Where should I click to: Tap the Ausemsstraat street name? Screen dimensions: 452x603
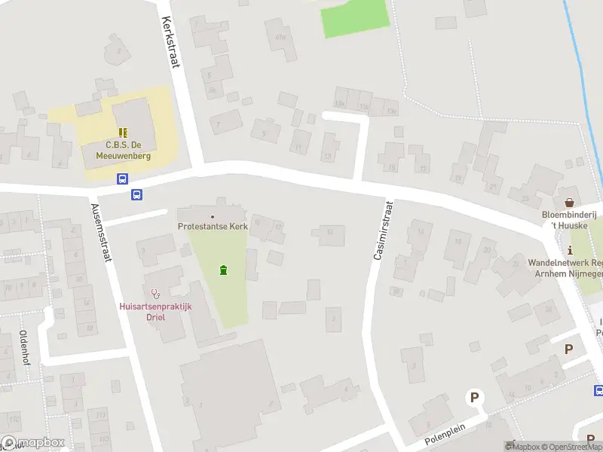[x=100, y=232]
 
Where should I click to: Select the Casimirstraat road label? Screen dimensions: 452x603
[x=383, y=231]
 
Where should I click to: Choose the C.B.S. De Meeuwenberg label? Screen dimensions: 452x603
[x=123, y=151]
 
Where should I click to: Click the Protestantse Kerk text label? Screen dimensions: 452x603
[x=212, y=226]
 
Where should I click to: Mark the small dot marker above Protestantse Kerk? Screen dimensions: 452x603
[x=212, y=217]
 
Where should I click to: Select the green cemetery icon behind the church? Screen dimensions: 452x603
[x=222, y=270]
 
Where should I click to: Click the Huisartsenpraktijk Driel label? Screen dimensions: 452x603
[x=157, y=311]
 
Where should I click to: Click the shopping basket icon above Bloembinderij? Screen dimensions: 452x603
[x=570, y=202]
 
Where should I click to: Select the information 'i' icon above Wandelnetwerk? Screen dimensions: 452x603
[x=571, y=250]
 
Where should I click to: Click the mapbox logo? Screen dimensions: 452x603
[x=32, y=443]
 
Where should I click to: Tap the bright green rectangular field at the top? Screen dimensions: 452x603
[x=354, y=19]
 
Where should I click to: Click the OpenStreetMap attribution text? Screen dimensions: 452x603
[x=571, y=447]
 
